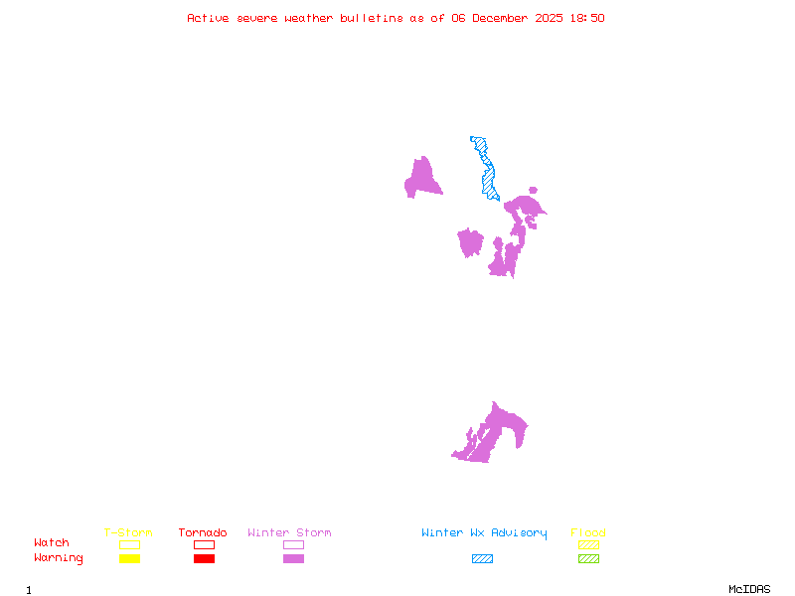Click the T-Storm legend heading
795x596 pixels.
[x=128, y=532]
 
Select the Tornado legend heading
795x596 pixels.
[x=203, y=532]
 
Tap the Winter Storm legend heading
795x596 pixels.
[x=289, y=532]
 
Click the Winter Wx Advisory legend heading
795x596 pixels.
[x=484, y=532]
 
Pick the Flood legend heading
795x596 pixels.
[x=588, y=532]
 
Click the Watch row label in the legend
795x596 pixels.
[x=52, y=543]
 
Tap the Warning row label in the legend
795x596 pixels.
[x=59, y=558]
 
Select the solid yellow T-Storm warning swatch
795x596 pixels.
[x=129, y=558]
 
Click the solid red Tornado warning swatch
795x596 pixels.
[x=204, y=558]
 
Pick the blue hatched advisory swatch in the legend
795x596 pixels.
[x=482, y=558]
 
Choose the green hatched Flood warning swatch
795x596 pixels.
[x=588, y=558]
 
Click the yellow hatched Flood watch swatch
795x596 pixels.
[x=588, y=544]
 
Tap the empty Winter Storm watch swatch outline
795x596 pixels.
[x=293, y=544]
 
